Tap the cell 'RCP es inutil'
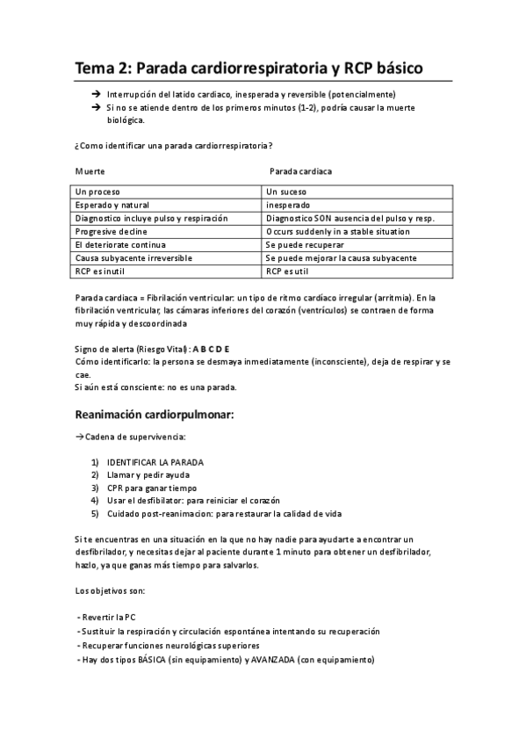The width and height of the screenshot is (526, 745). [100, 271]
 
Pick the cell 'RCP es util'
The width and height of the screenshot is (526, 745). [287, 271]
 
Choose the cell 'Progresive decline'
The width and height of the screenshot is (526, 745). [111, 231]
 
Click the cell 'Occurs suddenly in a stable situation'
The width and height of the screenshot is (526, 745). [337, 231]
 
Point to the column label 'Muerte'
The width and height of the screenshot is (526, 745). [90, 170]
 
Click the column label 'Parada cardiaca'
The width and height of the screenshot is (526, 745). [299, 170]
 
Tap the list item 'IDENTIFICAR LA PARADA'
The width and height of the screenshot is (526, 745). [156, 462]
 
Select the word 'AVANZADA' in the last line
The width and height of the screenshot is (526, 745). [273, 659]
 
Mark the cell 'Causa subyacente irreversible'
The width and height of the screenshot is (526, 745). [133, 258]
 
